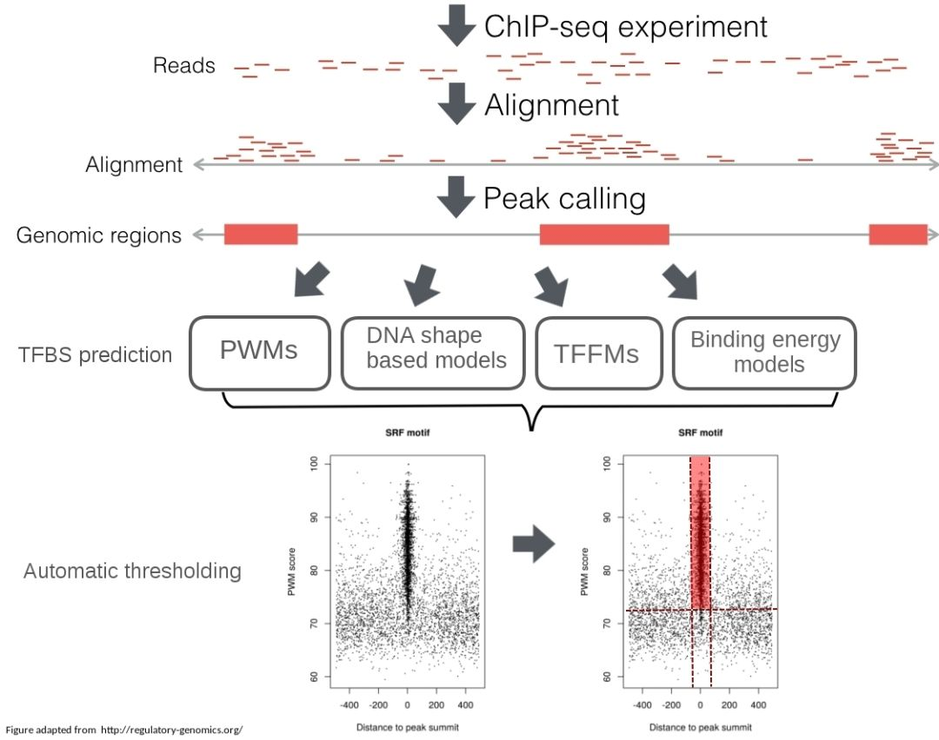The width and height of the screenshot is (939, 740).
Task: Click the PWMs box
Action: click(x=259, y=351)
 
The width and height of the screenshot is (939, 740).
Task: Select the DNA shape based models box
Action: click(x=433, y=351)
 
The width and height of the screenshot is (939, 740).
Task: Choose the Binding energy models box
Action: click(x=764, y=351)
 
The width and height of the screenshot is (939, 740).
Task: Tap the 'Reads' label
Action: click(x=183, y=66)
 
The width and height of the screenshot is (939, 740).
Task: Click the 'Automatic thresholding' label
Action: click(x=132, y=572)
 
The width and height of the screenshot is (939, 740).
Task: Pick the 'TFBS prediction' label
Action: click(x=95, y=354)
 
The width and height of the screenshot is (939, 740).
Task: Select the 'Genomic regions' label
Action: click(x=99, y=235)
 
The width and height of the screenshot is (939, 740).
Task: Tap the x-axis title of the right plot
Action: click(x=699, y=727)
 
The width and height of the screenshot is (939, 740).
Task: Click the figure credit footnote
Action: click(x=122, y=730)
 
